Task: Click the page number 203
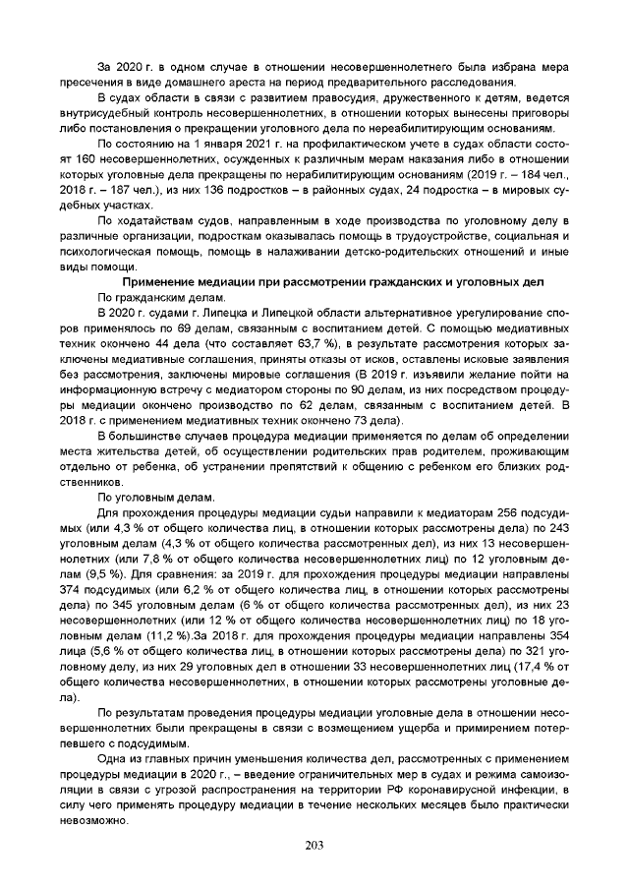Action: [314, 846]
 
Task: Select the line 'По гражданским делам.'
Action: [160, 296]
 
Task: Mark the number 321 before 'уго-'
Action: [523, 651]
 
